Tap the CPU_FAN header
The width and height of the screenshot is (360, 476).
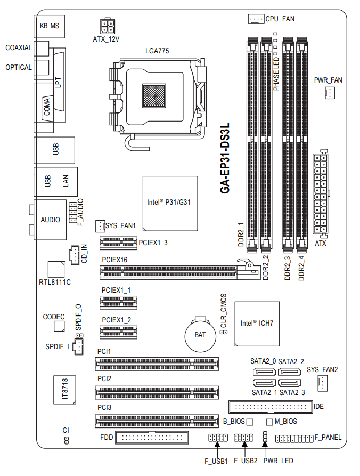256,19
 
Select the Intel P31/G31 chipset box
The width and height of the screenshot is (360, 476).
170,204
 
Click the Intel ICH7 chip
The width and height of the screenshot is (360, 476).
257,324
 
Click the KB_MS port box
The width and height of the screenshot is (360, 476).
50,26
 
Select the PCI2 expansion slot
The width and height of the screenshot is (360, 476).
157,392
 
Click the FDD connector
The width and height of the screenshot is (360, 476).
152,438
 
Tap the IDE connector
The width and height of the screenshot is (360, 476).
271,407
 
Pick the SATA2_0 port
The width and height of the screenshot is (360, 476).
264,372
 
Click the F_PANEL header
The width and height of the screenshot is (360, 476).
294,438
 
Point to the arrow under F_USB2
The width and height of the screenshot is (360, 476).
245,448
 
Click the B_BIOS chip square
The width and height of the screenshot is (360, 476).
250,422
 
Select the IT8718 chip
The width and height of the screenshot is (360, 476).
64,390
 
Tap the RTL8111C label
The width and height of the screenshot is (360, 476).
55,283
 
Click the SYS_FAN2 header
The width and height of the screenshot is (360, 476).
322,383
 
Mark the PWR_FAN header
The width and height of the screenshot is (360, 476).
330,93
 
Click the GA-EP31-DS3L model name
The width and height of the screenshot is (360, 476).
225,158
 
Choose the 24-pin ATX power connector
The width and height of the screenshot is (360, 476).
321,193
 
